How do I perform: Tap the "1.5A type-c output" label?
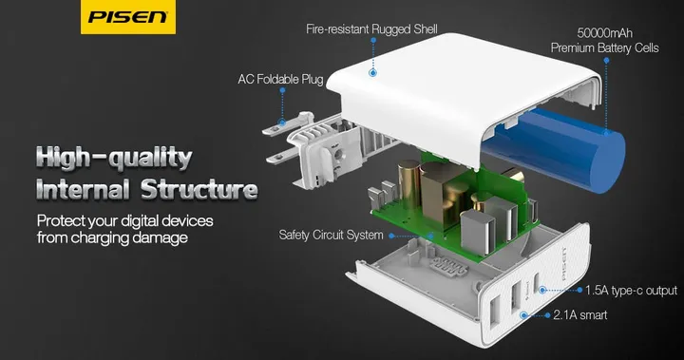click(630, 290)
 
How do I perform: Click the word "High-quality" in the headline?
click(111, 156)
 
